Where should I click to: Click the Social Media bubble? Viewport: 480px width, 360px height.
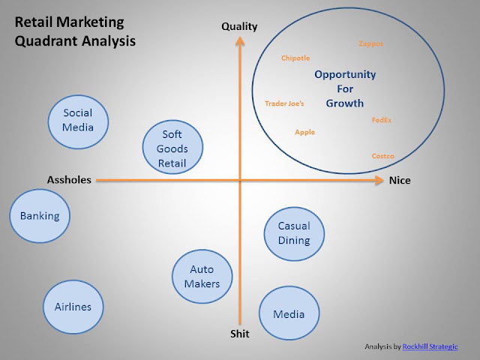point(78,121)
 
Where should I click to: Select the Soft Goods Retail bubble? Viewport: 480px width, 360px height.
point(172,147)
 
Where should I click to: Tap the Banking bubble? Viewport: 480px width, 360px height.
point(40,216)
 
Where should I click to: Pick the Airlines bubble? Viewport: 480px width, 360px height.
point(73,307)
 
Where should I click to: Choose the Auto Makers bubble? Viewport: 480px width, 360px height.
point(202,277)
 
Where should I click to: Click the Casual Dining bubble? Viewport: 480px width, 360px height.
point(294,234)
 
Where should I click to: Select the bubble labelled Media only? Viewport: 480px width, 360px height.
point(289,313)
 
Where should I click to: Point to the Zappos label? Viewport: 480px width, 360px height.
point(371,43)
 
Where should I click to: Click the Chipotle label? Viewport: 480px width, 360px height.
point(295,58)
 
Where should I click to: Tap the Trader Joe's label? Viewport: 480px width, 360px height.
point(284,103)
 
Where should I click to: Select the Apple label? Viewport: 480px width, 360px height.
point(305,132)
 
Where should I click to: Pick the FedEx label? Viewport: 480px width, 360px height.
point(382,120)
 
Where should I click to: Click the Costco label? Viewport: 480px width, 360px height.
point(383,156)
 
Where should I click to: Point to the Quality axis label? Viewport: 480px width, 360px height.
point(239,27)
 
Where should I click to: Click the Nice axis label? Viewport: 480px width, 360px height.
point(400,180)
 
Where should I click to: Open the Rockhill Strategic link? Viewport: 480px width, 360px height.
point(430,346)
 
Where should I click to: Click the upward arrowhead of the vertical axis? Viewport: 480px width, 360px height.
point(240,41)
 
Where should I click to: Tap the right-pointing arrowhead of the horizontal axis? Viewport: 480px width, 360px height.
point(379,180)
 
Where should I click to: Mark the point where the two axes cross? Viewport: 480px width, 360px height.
point(240,180)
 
